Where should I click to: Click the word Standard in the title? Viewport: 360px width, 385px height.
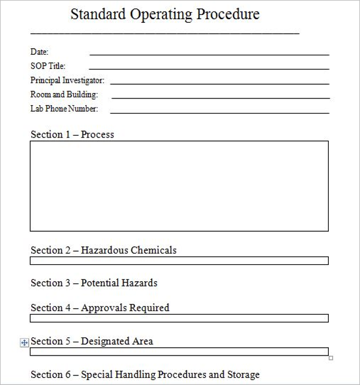[92, 14]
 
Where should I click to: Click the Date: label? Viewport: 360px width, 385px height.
[39, 52]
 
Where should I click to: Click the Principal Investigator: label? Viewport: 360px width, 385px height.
[67, 80]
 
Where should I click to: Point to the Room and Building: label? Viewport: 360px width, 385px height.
[64, 94]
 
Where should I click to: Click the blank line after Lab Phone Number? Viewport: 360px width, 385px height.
[220, 112]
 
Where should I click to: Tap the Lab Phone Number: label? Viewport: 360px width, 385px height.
[64, 109]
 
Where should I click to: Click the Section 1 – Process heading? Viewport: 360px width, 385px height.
[72, 135]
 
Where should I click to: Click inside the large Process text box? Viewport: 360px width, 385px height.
[179, 186]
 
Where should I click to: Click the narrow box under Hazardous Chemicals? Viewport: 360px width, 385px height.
[179, 261]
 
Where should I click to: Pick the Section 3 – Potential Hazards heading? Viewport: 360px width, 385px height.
[94, 282]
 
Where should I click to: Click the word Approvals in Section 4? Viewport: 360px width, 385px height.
[103, 308]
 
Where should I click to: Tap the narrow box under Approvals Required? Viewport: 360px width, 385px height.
[179, 318]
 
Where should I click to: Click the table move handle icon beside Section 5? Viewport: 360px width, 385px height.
[25, 342]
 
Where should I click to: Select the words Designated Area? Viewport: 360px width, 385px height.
[117, 341]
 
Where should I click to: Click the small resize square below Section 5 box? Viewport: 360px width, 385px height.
[331, 359]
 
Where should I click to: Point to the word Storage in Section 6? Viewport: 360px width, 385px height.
[243, 374]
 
